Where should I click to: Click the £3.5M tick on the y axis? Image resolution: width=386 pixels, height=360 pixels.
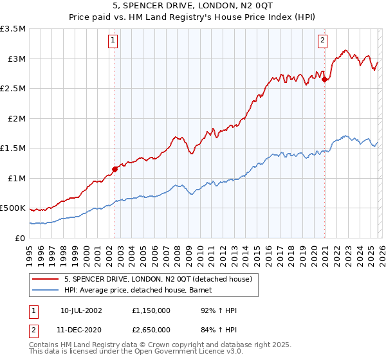(x=14, y=29)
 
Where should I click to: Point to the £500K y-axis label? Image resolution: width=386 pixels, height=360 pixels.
(x=13, y=208)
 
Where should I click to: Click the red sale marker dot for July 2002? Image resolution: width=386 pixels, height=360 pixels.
(x=115, y=169)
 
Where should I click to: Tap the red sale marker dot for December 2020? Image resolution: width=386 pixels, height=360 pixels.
(x=325, y=80)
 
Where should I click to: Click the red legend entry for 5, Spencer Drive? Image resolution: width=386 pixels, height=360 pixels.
(x=161, y=278)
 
